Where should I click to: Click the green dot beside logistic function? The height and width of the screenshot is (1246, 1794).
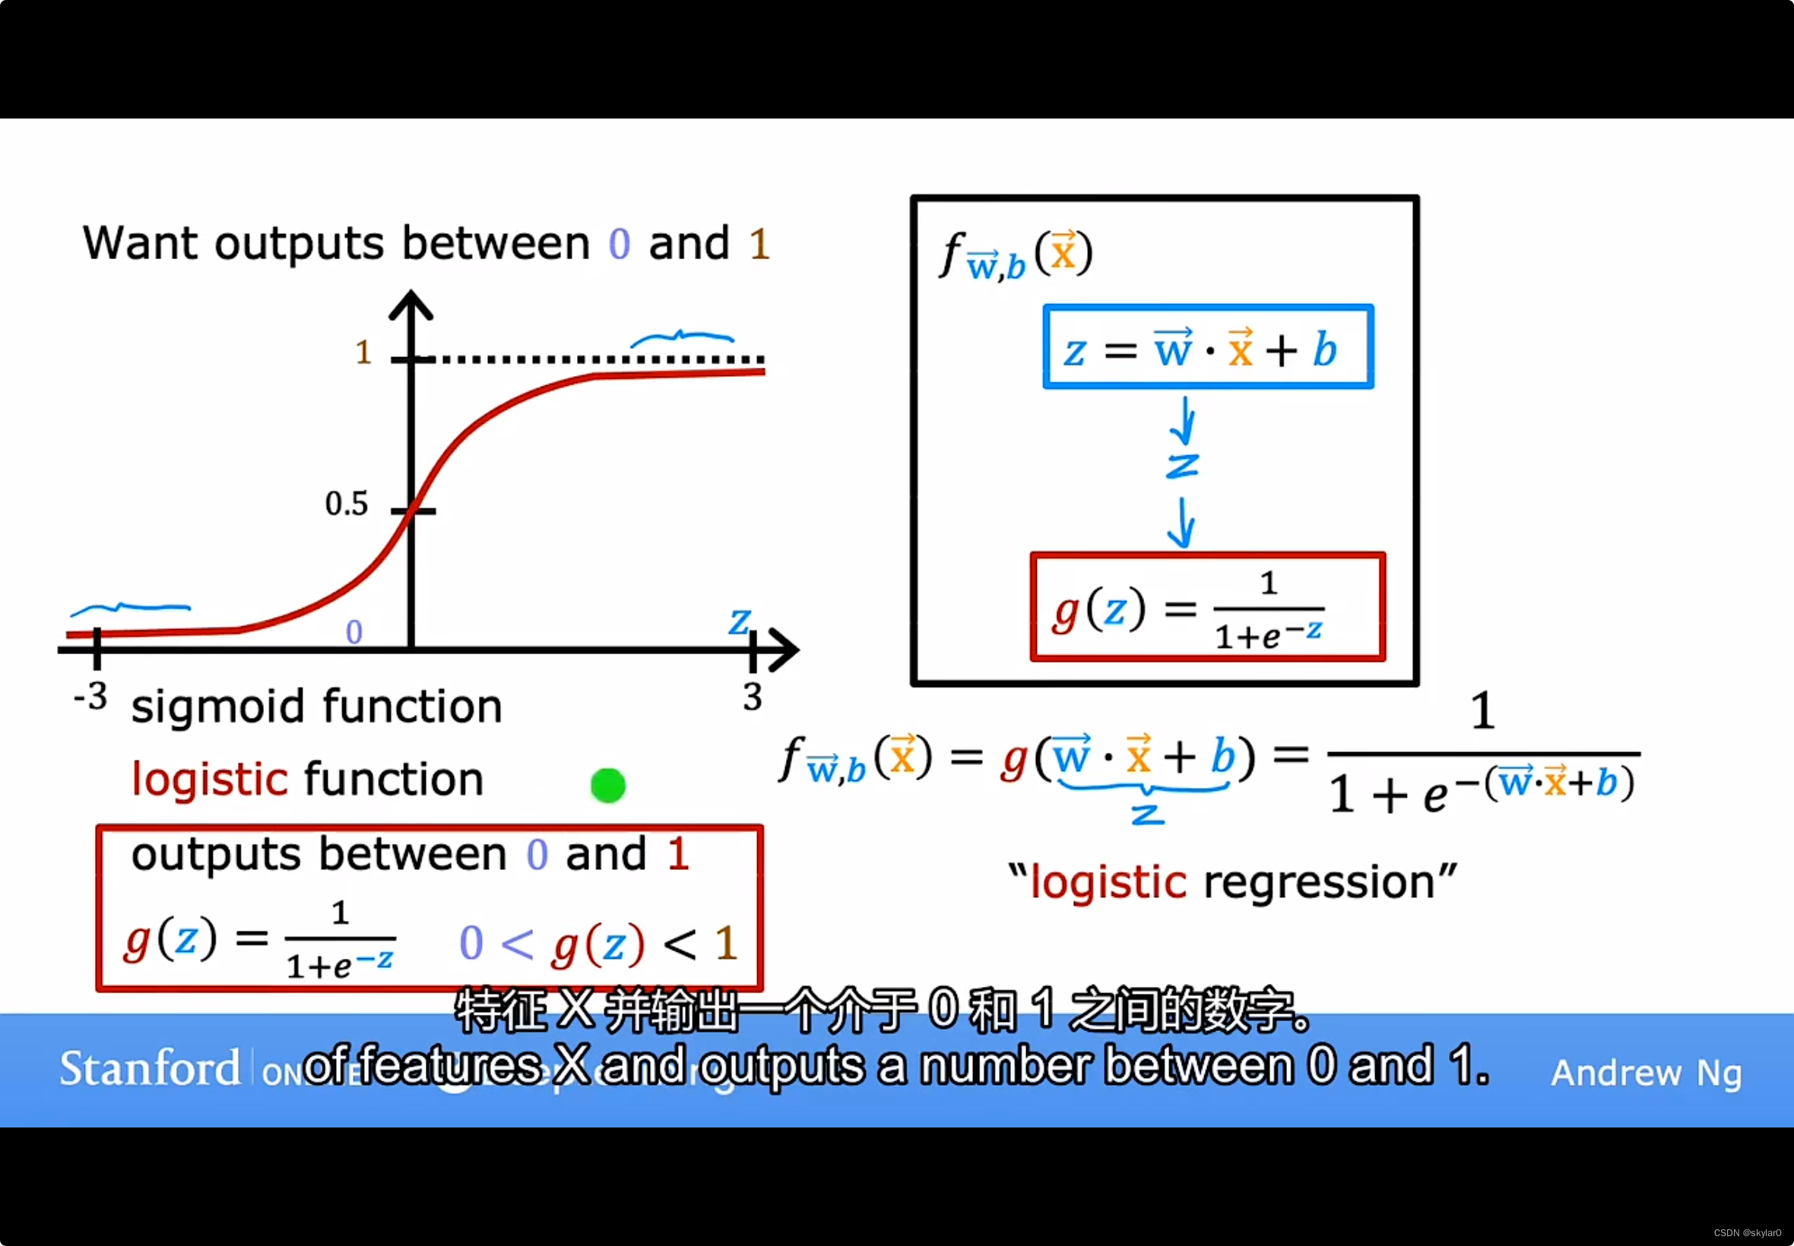pyautogui.click(x=607, y=786)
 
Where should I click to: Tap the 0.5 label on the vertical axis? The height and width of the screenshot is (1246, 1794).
pyautogui.click(x=346, y=504)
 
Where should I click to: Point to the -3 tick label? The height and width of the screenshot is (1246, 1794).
pyautogui.click(x=90, y=697)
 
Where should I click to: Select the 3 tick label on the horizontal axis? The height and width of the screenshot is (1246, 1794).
pyautogui.click(x=752, y=697)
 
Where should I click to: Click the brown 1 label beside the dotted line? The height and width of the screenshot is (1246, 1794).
pyautogui.click(x=363, y=353)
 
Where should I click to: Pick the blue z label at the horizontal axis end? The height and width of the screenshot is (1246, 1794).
pyautogui.click(x=739, y=622)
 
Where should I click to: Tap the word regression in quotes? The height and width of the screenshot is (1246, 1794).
pyautogui.click(x=1319, y=883)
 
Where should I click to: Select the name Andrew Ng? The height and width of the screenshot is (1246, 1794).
pyautogui.click(x=1646, y=1073)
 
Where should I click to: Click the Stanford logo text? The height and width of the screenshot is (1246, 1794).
pyautogui.click(x=150, y=1069)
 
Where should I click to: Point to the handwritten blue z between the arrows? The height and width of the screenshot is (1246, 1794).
pyautogui.click(x=1181, y=466)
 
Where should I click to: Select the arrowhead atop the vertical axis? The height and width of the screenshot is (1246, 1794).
pyautogui.click(x=410, y=305)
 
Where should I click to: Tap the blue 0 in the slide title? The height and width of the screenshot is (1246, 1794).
pyautogui.click(x=620, y=245)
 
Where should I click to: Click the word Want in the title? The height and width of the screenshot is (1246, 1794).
pyautogui.click(x=141, y=243)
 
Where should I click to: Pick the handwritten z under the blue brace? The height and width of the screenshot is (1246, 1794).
pyautogui.click(x=1147, y=815)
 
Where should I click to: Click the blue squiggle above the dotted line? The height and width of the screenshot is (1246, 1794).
pyautogui.click(x=681, y=338)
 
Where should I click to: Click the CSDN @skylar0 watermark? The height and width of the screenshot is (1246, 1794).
pyautogui.click(x=1747, y=1233)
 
